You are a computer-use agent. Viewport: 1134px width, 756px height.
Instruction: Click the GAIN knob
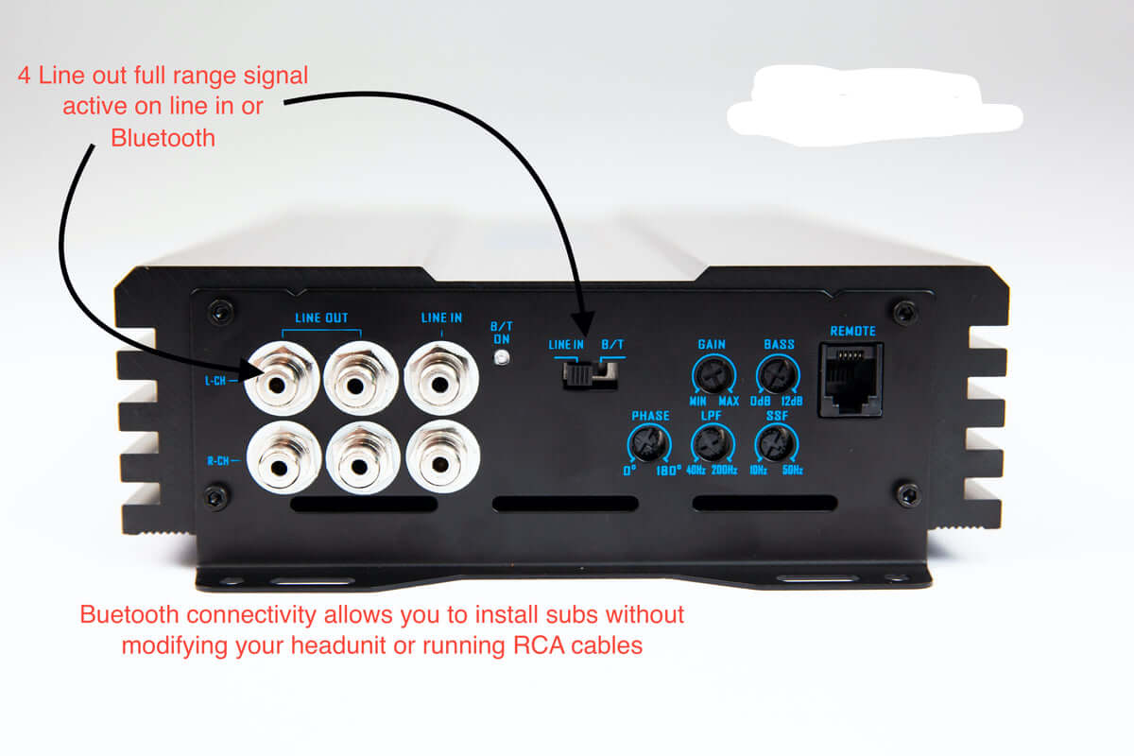coord(712,376)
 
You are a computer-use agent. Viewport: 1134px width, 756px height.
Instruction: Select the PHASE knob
coord(650,441)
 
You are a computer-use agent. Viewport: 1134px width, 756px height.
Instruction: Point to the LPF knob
coord(712,441)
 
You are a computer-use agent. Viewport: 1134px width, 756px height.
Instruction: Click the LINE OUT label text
coord(321,318)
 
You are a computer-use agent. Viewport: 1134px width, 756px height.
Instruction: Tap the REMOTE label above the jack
coord(852,332)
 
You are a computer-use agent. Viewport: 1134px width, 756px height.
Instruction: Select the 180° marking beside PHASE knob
coord(667,470)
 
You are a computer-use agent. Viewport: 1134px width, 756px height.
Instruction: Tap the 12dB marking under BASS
coord(791,402)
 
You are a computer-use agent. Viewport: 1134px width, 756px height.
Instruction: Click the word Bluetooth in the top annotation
coord(163,138)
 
